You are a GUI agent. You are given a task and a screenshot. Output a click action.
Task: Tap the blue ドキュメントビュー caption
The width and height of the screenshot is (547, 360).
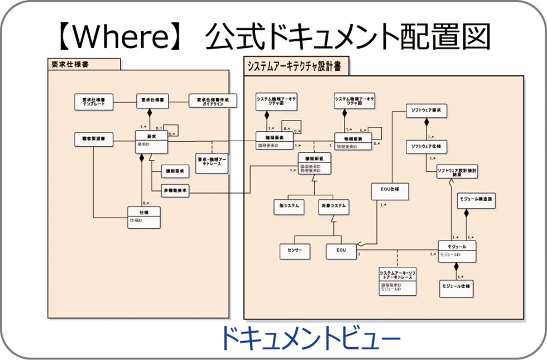click(309, 337)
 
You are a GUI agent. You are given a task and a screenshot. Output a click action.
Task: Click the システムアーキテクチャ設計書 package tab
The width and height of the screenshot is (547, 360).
click(296, 66)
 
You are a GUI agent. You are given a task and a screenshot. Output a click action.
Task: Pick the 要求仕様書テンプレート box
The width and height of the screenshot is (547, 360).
click(94, 102)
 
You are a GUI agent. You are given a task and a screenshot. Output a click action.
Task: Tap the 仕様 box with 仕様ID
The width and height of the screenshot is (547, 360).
click(144, 217)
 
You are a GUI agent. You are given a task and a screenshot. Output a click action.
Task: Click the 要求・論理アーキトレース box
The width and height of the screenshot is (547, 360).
click(212, 162)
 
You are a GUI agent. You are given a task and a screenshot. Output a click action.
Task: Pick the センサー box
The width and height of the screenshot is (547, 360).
click(295, 251)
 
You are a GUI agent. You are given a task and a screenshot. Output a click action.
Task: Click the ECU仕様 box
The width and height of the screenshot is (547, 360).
click(391, 191)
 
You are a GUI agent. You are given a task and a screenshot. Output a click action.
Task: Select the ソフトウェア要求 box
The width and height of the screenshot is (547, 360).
click(426, 111)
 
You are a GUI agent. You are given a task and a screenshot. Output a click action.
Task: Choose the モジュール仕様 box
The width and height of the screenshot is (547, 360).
click(456, 287)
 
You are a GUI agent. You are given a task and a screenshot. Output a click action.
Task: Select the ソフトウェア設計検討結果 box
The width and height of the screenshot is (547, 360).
click(457, 171)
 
